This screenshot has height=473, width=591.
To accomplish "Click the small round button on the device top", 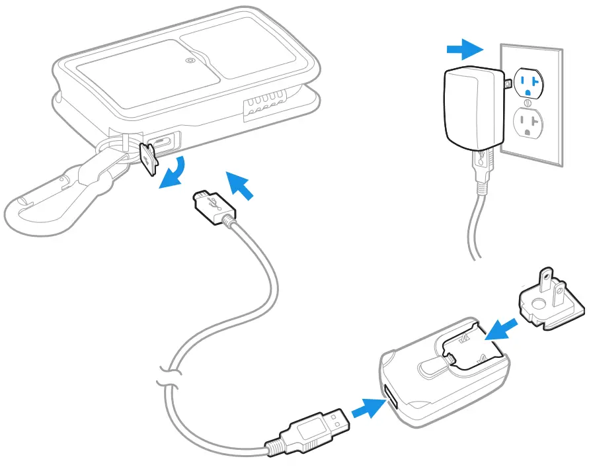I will pos(190,61).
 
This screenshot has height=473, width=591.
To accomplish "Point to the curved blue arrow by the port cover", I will pos(173,173).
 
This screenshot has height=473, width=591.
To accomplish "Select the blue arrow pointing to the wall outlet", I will pos(462,48).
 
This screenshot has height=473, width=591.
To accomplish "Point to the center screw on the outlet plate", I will pos(527,103).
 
